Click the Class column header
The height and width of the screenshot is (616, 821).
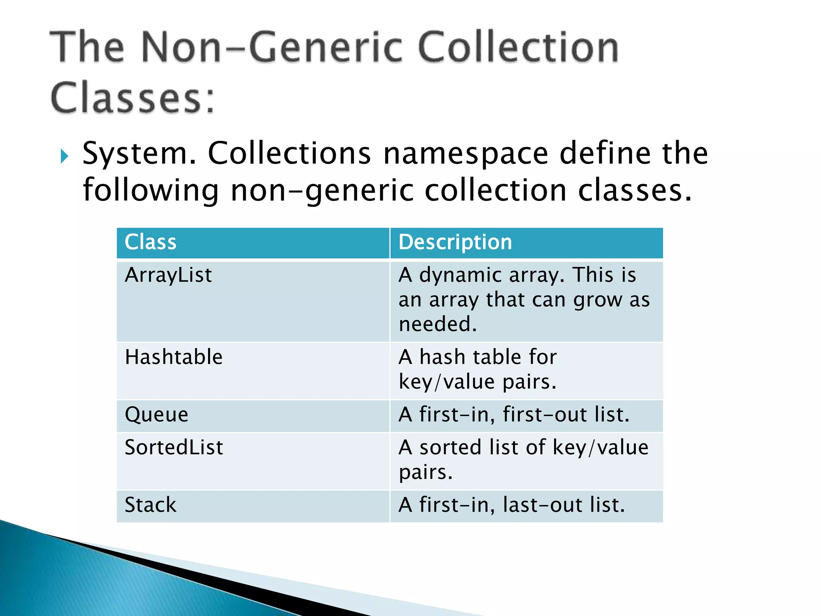[150, 242]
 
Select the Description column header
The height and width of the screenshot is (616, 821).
[455, 242]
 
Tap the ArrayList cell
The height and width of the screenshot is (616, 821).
[168, 275]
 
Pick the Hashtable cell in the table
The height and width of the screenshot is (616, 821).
[174, 357]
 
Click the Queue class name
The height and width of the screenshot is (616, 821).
[156, 415]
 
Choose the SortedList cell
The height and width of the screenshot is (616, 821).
[174, 447]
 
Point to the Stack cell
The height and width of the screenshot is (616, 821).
[150, 505]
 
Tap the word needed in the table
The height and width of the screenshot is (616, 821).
[437, 324]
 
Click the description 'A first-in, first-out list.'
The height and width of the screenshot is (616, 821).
[514, 415]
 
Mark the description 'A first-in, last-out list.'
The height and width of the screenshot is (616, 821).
[512, 505]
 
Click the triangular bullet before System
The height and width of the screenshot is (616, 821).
[64, 156]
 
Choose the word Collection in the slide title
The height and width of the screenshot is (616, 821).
[519, 48]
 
